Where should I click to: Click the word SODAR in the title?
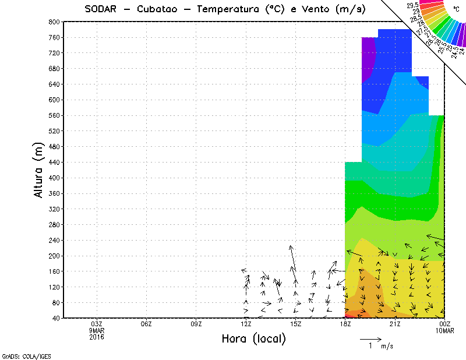tap(100, 9)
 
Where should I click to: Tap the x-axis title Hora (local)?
tap(253, 339)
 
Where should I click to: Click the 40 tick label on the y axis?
tap(56, 319)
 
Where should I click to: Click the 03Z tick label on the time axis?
tap(97, 324)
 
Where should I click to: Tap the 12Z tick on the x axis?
tap(246, 324)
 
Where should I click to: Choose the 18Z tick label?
tap(345, 324)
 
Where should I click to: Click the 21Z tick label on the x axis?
tap(395, 324)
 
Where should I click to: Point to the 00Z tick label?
tap(445, 324)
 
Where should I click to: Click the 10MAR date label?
tap(446, 330)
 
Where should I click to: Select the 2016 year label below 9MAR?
tap(97, 337)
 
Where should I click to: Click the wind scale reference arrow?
tap(370, 338)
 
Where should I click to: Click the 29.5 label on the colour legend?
tap(413, 5)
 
